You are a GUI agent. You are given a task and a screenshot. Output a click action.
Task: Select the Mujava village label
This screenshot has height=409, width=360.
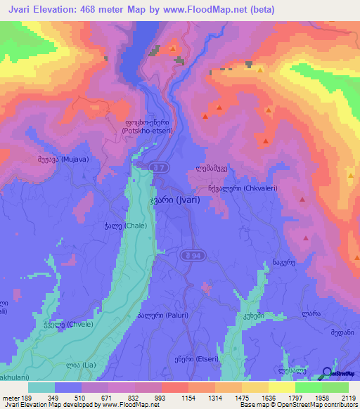(60, 160)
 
